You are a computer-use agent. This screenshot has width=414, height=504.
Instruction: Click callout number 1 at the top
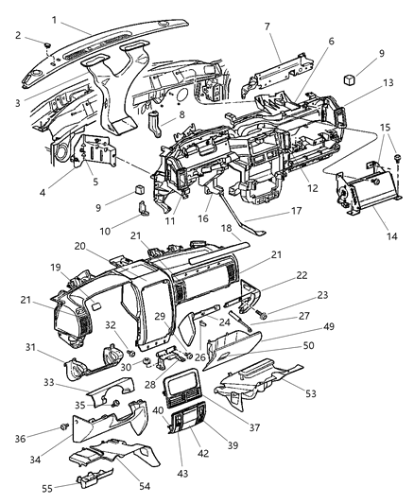click(55, 20)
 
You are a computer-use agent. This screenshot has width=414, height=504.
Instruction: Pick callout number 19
click(56, 268)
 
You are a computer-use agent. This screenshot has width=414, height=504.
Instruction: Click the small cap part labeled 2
click(45, 44)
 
